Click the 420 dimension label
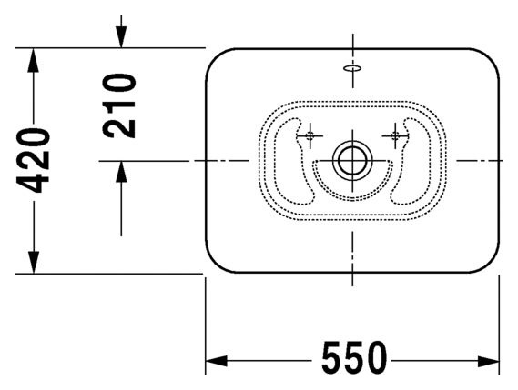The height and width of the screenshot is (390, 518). tap(33, 160)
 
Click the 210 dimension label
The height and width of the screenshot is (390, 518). tap(119, 105)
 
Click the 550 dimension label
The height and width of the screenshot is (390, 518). tap(354, 357)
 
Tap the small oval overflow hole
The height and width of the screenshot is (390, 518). tap(352, 68)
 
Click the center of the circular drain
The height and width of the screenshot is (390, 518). tap(352, 161)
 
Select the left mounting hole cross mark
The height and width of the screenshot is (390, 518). tap(310, 135)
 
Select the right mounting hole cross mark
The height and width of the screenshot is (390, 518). tap(395, 135)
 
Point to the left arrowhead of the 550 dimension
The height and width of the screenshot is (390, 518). tap(216, 361)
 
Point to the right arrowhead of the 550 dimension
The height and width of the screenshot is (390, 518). tap(488, 361)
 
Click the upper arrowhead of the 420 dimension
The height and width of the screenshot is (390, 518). tap(33, 59)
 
